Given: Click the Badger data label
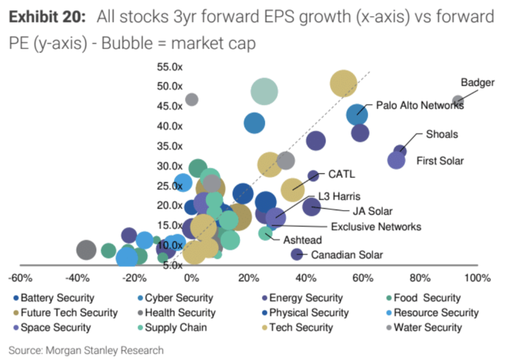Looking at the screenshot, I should tap(477, 83).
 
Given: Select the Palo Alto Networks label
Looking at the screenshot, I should tap(420, 105).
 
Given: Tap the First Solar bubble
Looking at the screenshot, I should tap(396, 161).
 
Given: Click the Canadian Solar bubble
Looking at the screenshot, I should tap(297, 255).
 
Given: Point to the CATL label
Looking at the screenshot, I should tap(341, 175).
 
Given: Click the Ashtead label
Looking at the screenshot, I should tap(303, 240).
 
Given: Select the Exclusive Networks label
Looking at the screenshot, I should tap(376, 227).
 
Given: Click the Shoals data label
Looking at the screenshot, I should tap(442, 134).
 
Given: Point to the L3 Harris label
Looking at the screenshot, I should tap(339, 197).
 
